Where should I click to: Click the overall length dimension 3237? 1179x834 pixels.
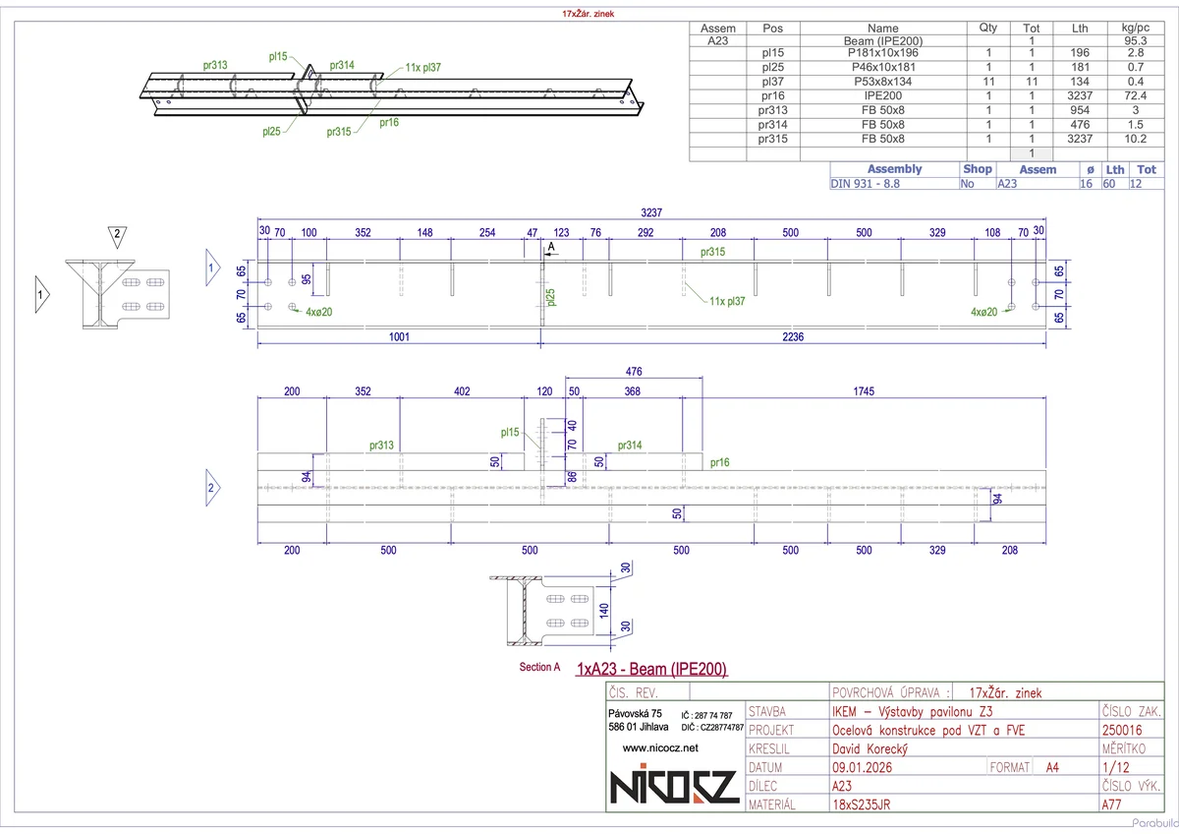click(650, 211)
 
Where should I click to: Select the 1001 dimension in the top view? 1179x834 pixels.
click(398, 336)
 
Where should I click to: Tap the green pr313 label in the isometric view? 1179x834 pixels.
click(215, 66)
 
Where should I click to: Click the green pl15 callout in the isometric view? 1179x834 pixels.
click(278, 57)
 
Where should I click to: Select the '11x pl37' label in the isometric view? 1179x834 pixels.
click(422, 69)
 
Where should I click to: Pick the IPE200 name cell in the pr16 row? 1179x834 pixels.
click(883, 95)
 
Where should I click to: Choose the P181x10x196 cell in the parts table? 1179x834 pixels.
click(883, 54)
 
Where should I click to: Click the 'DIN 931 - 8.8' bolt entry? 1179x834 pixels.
click(866, 183)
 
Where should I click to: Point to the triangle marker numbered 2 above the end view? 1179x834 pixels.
click(117, 235)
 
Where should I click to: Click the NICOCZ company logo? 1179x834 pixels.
click(673, 787)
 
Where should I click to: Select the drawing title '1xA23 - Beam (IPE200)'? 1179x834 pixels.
click(652, 670)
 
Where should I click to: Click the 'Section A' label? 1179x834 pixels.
click(539, 667)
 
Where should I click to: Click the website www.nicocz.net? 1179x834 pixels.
click(660, 748)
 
